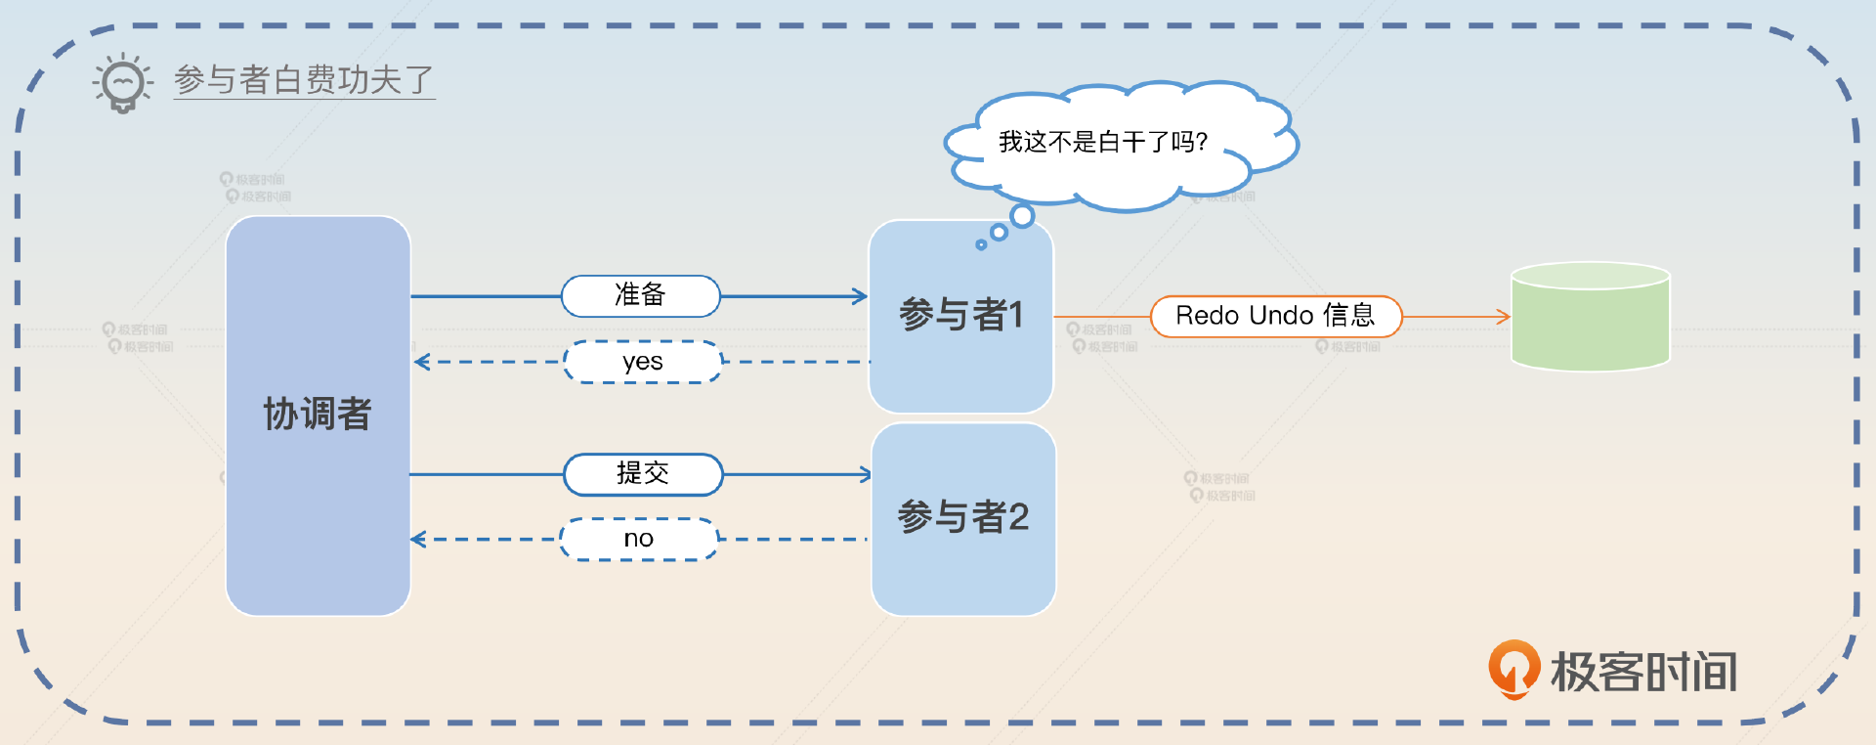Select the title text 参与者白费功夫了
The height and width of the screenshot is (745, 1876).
[304, 79]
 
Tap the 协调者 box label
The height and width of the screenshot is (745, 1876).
[318, 414]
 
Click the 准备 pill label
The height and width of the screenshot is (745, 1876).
[640, 295]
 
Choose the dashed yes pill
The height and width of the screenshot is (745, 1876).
[642, 362]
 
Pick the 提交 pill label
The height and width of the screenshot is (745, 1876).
[643, 474]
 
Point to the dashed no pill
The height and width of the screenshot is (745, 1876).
[639, 539]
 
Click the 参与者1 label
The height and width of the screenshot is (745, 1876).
[960, 315]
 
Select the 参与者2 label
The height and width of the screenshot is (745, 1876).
[963, 517]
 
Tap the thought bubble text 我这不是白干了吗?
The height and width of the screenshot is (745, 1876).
[1103, 143]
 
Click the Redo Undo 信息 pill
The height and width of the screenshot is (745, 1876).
[1275, 316]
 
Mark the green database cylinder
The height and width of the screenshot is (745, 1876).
[1590, 317]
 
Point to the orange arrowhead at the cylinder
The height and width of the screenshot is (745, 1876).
[1505, 317]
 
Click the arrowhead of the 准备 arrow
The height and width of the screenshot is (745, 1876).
[861, 296]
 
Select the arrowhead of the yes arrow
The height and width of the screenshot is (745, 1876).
[421, 363]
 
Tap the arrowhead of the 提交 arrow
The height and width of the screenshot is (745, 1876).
[865, 475]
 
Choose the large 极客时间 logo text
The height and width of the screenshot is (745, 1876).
[1643, 673]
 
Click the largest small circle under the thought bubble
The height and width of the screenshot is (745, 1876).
[1022, 216]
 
